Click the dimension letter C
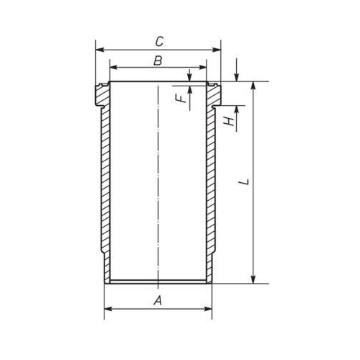pos(159,42)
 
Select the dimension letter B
pos(158,60)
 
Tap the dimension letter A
pos(158,300)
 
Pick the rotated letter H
pos(229,122)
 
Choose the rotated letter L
pos(245,181)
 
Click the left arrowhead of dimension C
pos(99,50)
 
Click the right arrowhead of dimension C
pos(217,50)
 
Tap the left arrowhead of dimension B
pos(114,68)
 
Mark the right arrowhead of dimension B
pos(202,68)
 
